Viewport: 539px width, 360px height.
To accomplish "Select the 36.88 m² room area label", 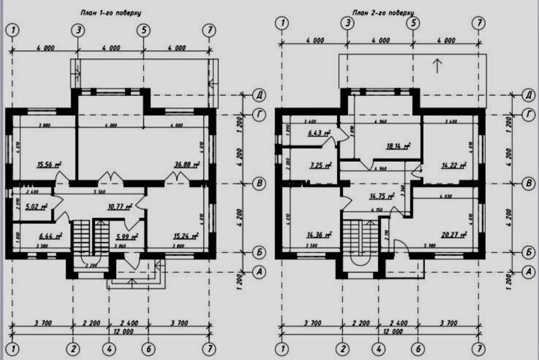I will pyautogui.click(x=186, y=165).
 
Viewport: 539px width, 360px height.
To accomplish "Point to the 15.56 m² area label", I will pyautogui.click(x=49, y=165).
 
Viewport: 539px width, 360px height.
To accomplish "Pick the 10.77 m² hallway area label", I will pyautogui.click(x=119, y=207).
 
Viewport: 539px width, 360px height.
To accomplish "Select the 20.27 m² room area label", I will pyautogui.click(x=455, y=234).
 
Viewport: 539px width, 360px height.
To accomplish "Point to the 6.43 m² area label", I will pyautogui.click(x=318, y=133).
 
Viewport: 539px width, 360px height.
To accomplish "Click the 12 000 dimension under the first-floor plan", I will pyautogui.click(x=111, y=331).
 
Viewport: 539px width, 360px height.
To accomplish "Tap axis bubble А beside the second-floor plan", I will pyautogui.click(x=529, y=271).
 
